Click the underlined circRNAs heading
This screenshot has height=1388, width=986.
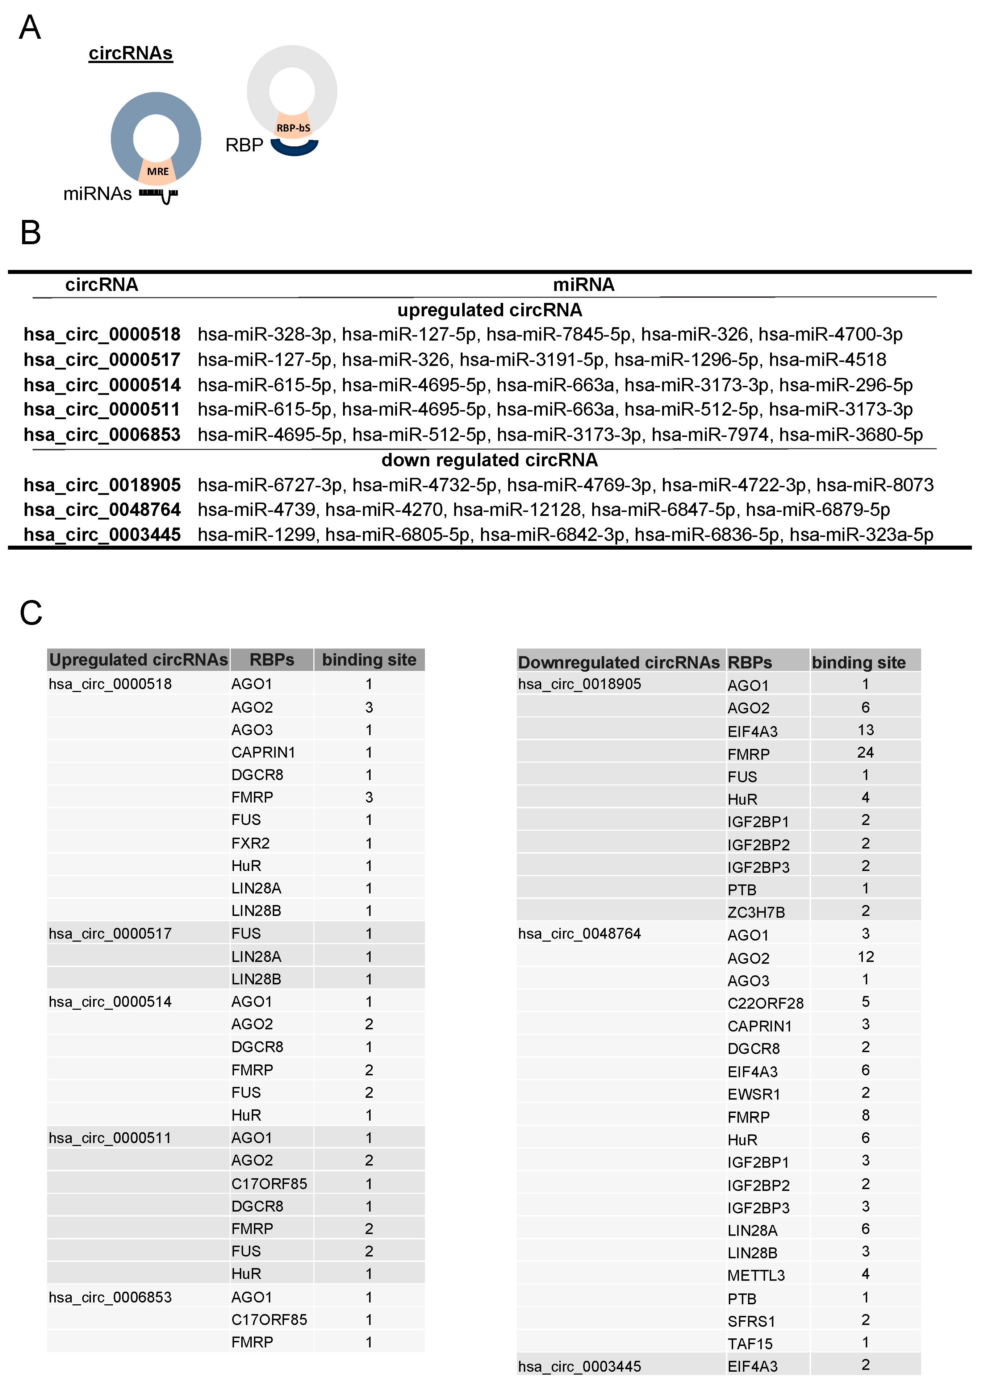click(x=130, y=53)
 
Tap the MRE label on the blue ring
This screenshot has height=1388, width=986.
click(x=158, y=171)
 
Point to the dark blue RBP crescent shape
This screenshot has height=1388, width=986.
click(x=294, y=147)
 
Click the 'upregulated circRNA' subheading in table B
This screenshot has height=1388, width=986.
click(x=489, y=310)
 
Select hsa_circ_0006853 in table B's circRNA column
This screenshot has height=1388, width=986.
click(x=102, y=435)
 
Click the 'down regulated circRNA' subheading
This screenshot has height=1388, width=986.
click(x=489, y=460)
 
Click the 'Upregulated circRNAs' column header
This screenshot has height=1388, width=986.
click(x=138, y=660)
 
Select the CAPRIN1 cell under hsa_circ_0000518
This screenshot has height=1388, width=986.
click(x=263, y=752)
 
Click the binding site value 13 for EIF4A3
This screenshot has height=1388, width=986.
click(x=865, y=730)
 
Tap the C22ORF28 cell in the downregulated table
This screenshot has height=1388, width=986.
click(x=765, y=1003)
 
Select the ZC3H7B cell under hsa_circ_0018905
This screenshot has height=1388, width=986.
click(x=756, y=912)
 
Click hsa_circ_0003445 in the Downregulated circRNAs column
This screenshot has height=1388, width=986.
click(x=579, y=1366)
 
